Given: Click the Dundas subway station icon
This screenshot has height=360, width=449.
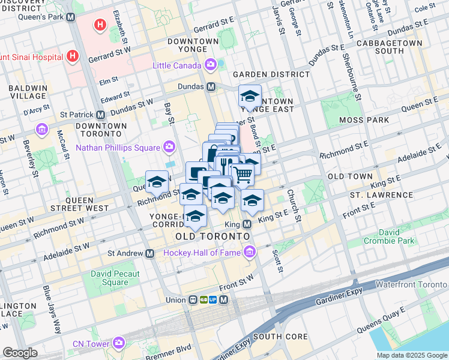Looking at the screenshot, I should tap(211, 86).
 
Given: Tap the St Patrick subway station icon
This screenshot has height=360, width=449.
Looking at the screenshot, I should tap(100, 114).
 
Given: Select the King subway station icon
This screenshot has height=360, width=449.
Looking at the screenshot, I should tap(247, 224).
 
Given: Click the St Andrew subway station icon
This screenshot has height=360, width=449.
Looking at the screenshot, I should tap(149, 253).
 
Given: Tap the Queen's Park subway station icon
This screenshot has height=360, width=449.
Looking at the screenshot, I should tap(71, 17).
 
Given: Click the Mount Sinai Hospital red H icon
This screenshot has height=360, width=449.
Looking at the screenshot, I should tap(73, 56).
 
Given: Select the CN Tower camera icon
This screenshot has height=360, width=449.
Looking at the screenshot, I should tap(119, 343).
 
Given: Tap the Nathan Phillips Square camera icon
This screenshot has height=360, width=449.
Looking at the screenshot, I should tap(169, 147).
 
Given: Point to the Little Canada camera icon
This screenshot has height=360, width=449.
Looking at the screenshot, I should tap(211, 64).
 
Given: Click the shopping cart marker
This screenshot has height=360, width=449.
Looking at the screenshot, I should tap(243, 175).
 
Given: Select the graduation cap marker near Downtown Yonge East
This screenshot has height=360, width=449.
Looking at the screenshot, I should tap(250, 96).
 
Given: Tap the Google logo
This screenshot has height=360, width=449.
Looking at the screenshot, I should tap(20, 353).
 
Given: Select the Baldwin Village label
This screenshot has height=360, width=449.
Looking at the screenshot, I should tap(28, 92).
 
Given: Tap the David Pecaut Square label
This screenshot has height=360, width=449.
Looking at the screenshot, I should tap(115, 278).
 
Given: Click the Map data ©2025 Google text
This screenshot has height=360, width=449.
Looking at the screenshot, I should tap(411, 355).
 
